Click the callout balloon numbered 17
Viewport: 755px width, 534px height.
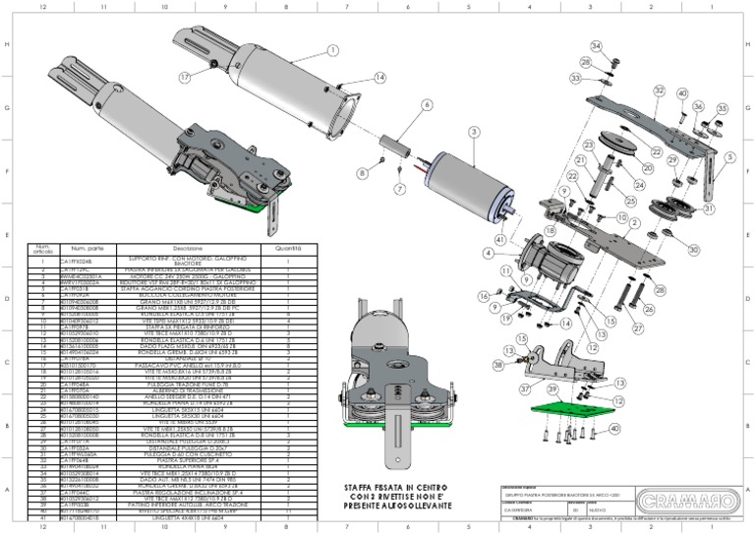tap(184, 77)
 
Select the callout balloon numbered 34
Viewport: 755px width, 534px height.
tap(596, 46)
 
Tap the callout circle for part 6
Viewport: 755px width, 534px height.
tap(427, 104)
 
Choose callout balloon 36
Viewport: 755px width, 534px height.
tap(698, 106)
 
